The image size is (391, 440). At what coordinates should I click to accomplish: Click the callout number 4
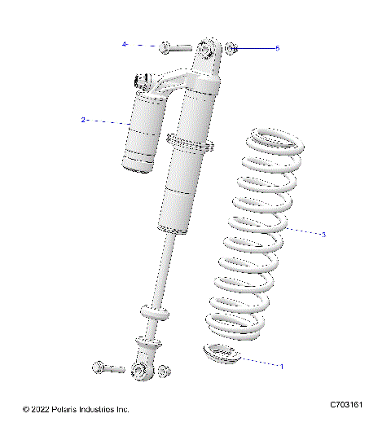coord(125,44)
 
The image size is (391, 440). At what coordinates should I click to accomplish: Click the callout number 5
coord(277,48)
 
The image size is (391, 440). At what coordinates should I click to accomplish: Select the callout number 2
coord(83,120)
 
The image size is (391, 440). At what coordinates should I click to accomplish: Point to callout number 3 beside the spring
coord(323,235)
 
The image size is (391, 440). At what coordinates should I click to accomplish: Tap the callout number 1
coord(282,366)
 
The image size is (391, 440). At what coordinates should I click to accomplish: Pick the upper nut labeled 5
coord(231,48)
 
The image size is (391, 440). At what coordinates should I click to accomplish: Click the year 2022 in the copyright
coord(41,409)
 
